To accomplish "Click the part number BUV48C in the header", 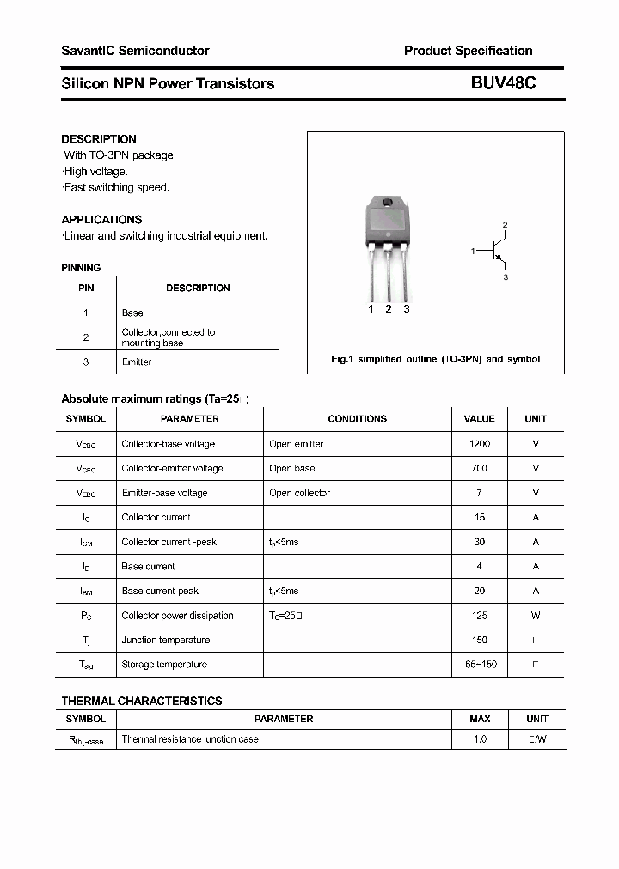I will click(x=503, y=83).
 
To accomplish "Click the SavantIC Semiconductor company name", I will click(x=135, y=51).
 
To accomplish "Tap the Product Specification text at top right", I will click(x=468, y=51).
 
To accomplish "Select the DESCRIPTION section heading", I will click(x=99, y=139).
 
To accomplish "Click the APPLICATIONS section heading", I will click(x=101, y=219).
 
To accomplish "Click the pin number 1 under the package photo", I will click(x=371, y=309).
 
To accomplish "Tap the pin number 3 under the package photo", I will click(x=407, y=309).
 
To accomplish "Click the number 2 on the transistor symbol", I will click(x=506, y=225).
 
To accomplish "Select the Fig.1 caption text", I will click(x=435, y=359).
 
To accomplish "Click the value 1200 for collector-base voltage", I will click(x=479, y=444).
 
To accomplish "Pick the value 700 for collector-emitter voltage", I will click(x=479, y=468).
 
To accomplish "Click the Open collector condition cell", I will click(x=299, y=493).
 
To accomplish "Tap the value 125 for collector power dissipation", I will click(x=479, y=616).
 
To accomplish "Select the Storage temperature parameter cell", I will click(x=164, y=665).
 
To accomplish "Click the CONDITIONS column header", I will click(x=357, y=419).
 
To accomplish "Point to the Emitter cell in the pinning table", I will click(x=137, y=362).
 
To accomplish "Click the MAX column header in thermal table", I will click(x=479, y=719).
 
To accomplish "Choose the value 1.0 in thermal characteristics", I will click(x=479, y=739).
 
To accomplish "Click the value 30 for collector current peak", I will click(x=479, y=542).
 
